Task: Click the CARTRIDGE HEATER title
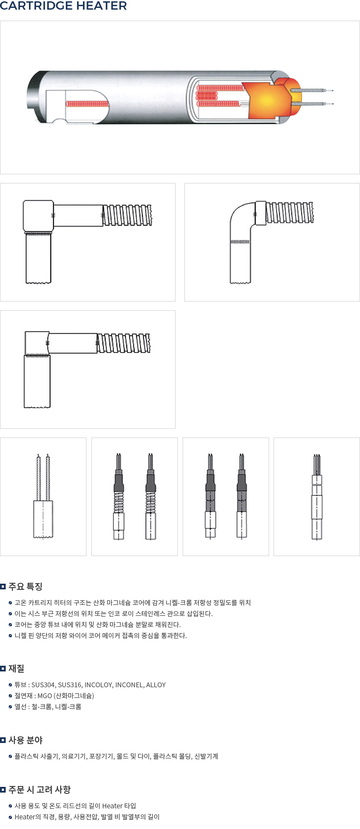point(64,6)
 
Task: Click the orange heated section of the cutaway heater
point(269,100)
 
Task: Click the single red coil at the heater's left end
point(87,104)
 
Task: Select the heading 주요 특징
point(25,586)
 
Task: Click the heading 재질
point(16,668)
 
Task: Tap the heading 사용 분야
point(25,740)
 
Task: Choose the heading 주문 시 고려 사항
point(40,790)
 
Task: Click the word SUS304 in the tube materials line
point(43,685)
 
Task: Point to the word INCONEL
point(129,685)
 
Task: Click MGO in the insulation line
point(45,696)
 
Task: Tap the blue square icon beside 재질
point(3,668)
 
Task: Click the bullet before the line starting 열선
point(11,707)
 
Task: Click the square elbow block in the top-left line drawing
point(38,216)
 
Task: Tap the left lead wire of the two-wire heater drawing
point(39,478)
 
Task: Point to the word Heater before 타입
point(112,806)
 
